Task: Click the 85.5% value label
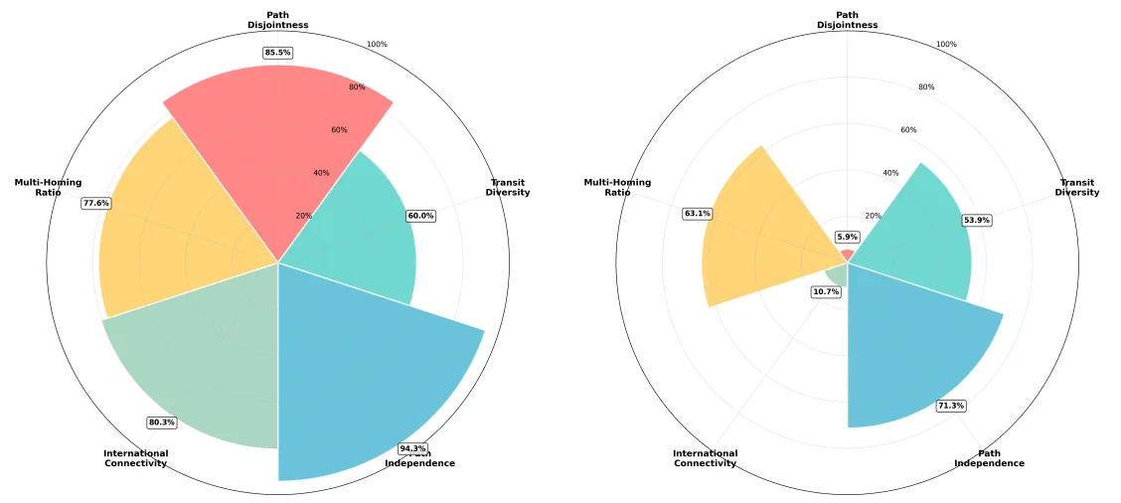coord(278,52)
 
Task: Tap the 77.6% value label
coord(96,203)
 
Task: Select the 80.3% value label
coord(161,422)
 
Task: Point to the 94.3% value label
coord(411,448)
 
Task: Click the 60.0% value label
coord(421,216)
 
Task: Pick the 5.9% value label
coord(847,237)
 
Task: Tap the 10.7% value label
coord(826,291)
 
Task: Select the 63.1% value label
coord(698,214)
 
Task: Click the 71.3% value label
coord(951,406)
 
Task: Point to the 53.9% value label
coord(977,220)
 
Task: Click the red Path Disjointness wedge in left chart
coord(278,149)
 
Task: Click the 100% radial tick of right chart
coord(946,44)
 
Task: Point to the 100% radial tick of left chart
coord(377,44)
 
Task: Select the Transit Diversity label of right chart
coord(1078,187)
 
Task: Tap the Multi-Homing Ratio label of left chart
coord(48,187)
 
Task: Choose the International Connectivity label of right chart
coord(705,458)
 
